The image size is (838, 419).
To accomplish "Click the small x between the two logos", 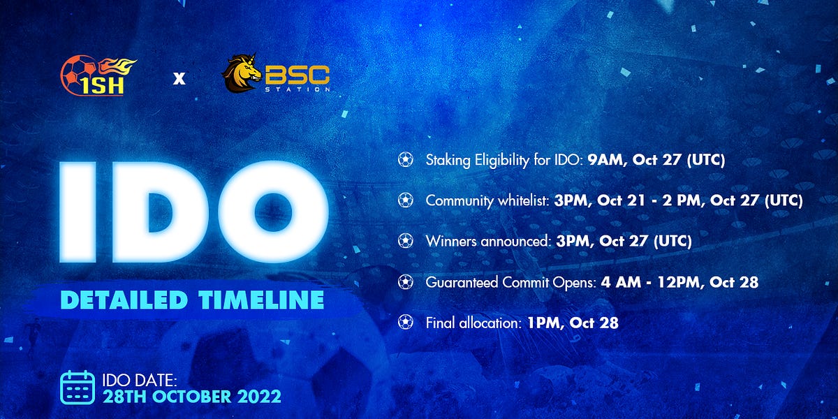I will coord(179,79).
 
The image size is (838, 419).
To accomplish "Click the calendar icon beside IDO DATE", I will coord(78,387).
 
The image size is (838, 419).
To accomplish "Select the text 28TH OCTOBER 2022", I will coord(192,397).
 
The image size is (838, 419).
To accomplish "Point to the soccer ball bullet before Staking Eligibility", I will coord(406,160).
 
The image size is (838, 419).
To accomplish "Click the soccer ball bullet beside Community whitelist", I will coord(406,200).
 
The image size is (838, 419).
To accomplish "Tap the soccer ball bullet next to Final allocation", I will coord(406,323).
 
